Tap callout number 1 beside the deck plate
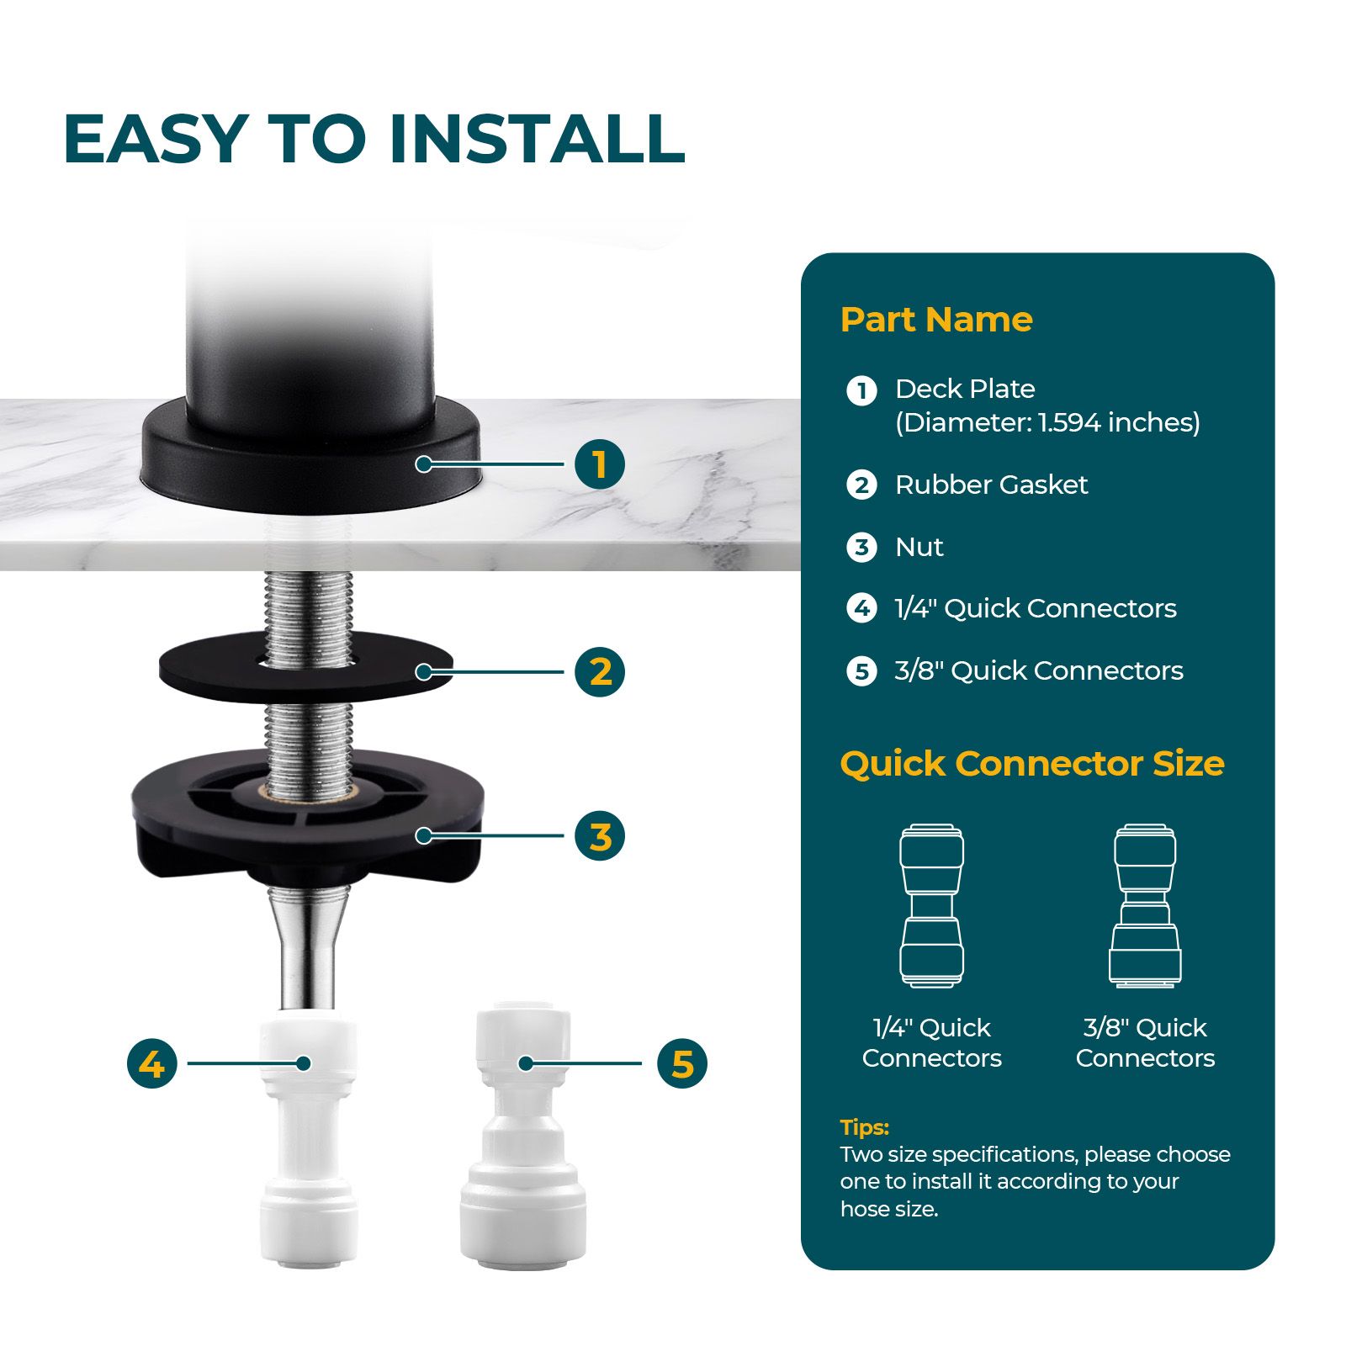point(600,464)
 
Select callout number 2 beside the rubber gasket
point(600,671)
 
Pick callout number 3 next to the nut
point(600,835)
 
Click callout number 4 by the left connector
point(152,1063)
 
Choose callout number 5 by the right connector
point(682,1063)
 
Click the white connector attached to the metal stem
point(308,1140)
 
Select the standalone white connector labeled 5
point(522,1136)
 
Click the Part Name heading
point(936,320)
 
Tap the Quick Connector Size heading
point(1032,764)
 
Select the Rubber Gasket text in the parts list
point(991,485)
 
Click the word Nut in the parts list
point(919,547)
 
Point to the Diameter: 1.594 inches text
point(1047,422)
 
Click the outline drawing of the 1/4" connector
point(932,905)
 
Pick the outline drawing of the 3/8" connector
point(1145,905)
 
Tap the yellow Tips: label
point(864,1127)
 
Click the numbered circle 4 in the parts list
point(861,607)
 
